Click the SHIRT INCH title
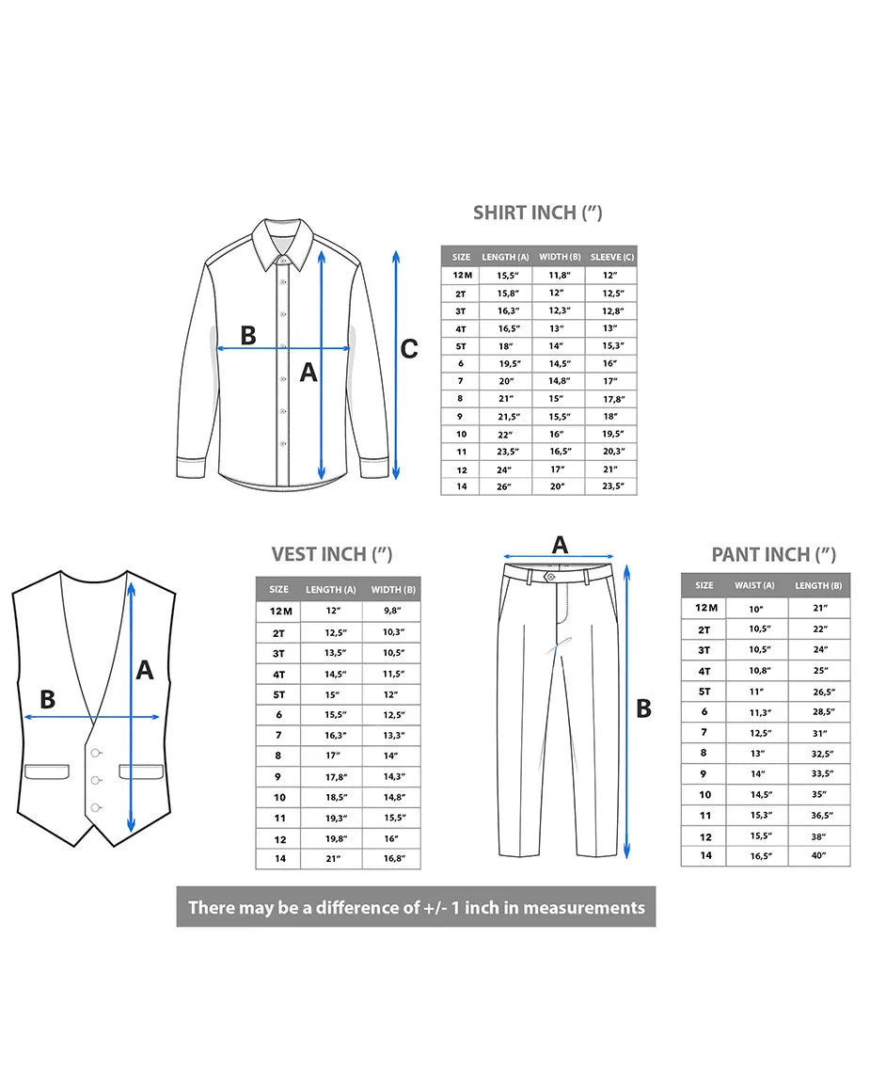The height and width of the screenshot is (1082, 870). [x=537, y=213]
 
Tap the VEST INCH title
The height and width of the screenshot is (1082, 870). [x=332, y=554]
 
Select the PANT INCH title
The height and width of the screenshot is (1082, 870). [x=773, y=554]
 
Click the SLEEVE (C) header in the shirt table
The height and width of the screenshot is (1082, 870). [x=612, y=257]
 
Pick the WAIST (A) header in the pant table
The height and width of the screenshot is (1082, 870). [x=754, y=585]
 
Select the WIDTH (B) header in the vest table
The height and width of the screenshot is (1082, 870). [x=393, y=589]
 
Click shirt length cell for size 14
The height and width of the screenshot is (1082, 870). [x=504, y=486]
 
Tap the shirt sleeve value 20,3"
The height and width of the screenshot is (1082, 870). [x=613, y=452]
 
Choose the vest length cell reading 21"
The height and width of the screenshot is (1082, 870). [x=333, y=858]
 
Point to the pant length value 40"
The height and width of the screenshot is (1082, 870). [x=819, y=855]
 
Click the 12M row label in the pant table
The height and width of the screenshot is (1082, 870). [x=705, y=608]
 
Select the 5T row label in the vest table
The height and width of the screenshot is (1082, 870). [x=278, y=695]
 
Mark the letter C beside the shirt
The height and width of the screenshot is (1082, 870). [x=409, y=349]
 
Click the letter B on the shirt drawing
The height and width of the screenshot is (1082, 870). [x=248, y=335]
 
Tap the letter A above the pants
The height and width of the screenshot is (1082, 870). [x=560, y=545]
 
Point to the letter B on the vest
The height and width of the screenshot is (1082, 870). [x=48, y=700]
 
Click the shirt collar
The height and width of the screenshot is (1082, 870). [x=282, y=244]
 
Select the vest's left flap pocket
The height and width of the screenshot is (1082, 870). [x=47, y=772]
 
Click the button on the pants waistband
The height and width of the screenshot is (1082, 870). [x=550, y=576]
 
